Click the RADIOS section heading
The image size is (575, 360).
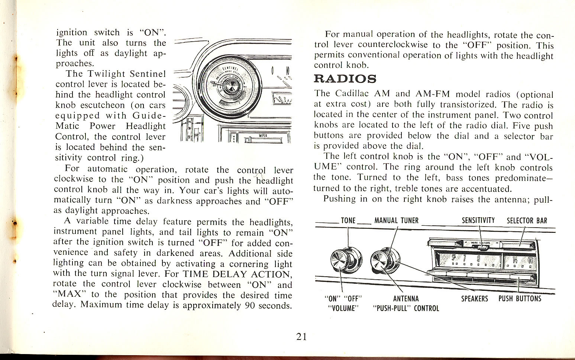(345, 79)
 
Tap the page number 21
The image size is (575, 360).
(301, 337)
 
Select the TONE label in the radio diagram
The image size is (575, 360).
(348, 221)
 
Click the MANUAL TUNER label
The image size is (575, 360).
(396, 221)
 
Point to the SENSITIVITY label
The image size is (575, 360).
(478, 221)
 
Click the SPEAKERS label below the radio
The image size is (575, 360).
(474, 299)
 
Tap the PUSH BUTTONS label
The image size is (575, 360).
(520, 299)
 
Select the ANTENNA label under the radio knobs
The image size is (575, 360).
(406, 299)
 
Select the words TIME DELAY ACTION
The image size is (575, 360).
(237, 274)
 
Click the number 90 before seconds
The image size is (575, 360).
(250, 306)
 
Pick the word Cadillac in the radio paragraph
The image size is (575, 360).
(352, 94)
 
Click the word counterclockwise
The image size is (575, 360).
(393, 45)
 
